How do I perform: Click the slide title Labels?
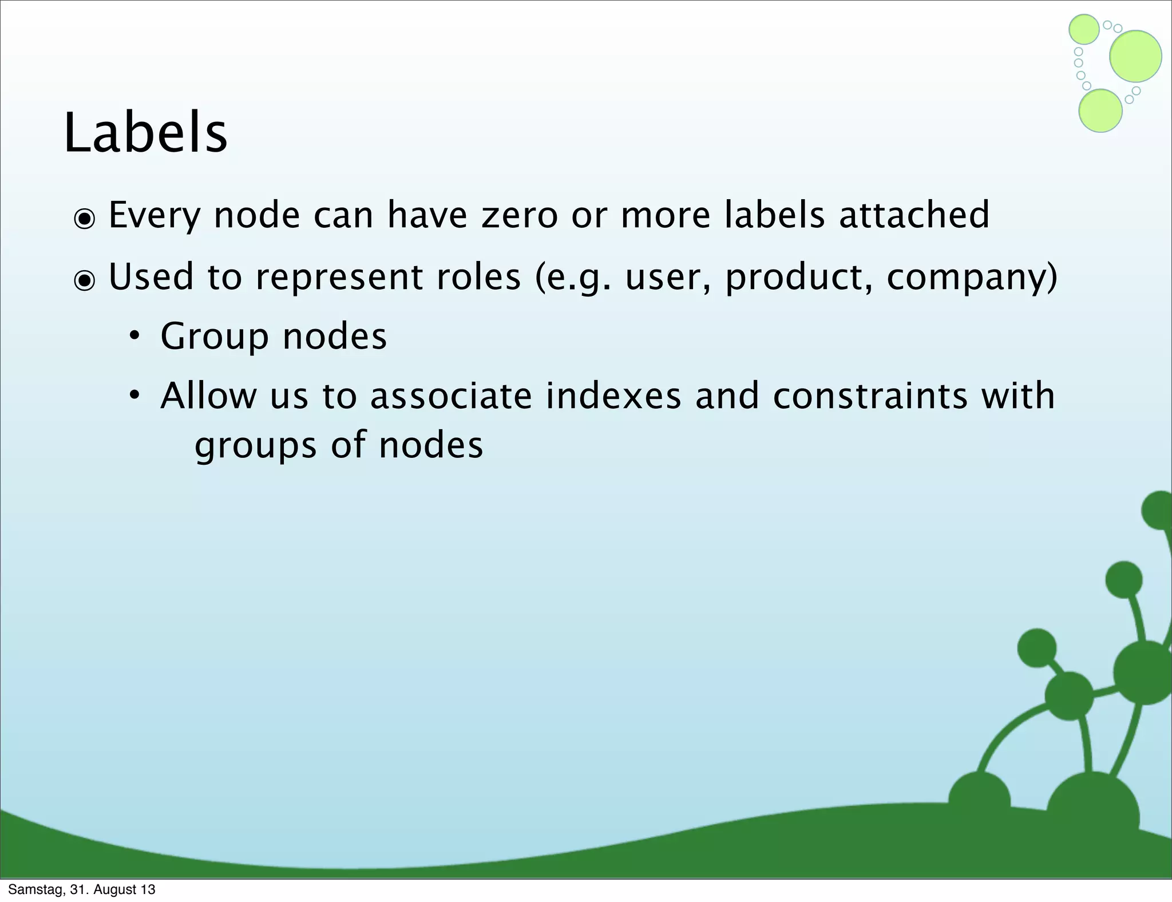pyautogui.click(x=145, y=133)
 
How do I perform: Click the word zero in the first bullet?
pyautogui.click(x=519, y=215)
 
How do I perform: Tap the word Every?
pyautogui.click(x=155, y=216)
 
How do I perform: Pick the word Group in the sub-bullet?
pyautogui.click(x=214, y=337)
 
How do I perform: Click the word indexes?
pyautogui.click(x=613, y=396)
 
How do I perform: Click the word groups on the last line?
pyautogui.click(x=255, y=446)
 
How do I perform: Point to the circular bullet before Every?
pyautogui.click(x=85, y=219)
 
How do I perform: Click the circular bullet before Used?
pyautogui.click(x=85, y=280)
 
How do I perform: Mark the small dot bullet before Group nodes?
pyautogui.click(x=134, y=337)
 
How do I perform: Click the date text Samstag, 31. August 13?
pyautogui.click(x=81, y=889)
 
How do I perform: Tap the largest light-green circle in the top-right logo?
pyautogui.click(x=1135, y=56)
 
